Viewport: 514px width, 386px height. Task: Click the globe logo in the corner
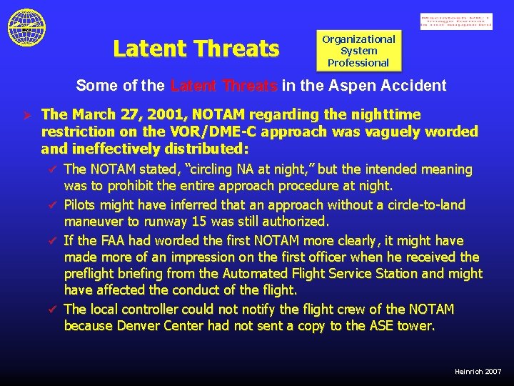(26, 27)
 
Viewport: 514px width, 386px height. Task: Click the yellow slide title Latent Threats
(196, 49)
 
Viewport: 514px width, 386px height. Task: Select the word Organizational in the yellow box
(358, 39)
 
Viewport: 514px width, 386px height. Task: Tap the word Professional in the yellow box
(358, 63)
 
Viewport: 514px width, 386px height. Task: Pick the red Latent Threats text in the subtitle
(224, 86)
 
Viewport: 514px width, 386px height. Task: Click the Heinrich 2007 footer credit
(478, 372)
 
